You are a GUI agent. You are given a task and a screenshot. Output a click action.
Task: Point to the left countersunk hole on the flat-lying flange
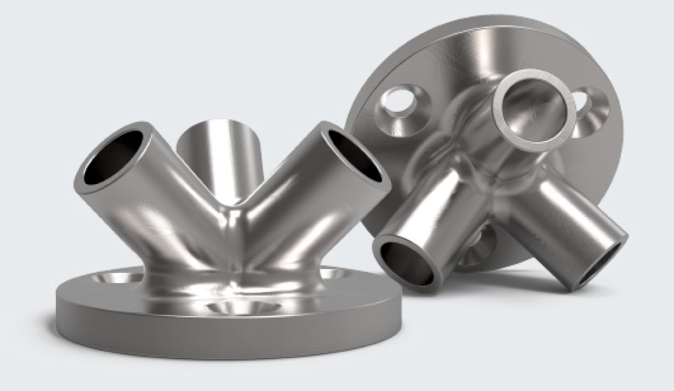[x=115, y=276]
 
